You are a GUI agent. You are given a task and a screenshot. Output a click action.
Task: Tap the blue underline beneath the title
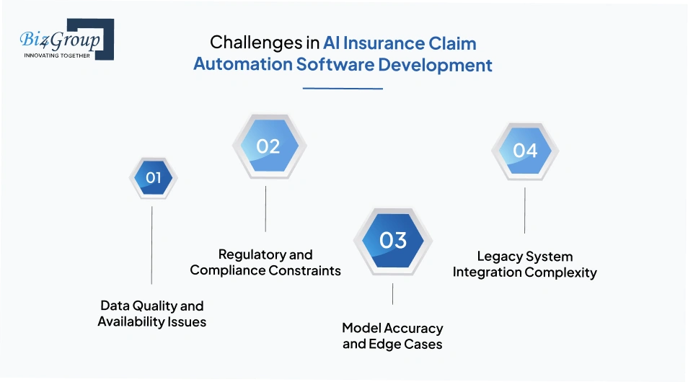(x=343, y=89)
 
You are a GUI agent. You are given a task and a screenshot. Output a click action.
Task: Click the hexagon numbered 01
(x=154, y=178)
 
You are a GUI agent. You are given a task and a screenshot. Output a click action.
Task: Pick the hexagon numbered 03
(x=393, y=240)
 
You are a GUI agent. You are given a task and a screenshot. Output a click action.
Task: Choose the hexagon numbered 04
(x=525, y=151)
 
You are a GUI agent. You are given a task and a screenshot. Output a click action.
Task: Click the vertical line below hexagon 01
(x=151, y=245)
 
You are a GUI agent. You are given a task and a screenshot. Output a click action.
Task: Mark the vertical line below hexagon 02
(x=265, y=208)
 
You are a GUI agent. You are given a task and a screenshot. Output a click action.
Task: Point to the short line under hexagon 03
(x=393, y=294)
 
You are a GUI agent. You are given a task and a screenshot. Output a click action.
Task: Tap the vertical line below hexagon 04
(x=524, y=210)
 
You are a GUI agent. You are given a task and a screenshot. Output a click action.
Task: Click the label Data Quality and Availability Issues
(x=152, y=314)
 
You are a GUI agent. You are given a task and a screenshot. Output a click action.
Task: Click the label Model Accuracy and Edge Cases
(x=392, y=336)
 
